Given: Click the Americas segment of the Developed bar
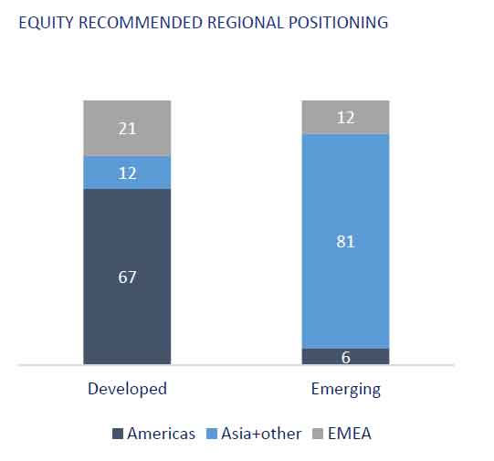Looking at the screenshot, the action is point(127,277).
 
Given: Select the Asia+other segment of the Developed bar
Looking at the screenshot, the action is point(127,173).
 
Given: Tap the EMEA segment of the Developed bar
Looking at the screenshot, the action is point(127,128).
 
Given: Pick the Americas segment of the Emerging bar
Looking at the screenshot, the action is point(345,356).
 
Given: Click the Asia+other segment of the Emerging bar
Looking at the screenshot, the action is point(345,241).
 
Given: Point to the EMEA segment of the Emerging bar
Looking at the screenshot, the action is point(345,118).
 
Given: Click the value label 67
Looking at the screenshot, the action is point(127,278).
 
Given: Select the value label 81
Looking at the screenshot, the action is point(345,242).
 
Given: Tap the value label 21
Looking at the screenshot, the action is point(127,129).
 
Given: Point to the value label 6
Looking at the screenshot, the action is point(346,358).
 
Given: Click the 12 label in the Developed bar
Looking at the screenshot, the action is point(127,173).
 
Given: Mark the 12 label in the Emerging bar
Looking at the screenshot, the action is point(346,118).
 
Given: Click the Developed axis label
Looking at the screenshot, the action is point(127,389).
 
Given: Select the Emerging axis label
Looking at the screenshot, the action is point(346,390).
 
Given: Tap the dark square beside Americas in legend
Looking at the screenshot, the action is point(118,434).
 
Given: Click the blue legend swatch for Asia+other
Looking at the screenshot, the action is point(212,434).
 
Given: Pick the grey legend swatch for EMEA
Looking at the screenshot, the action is point(318,434).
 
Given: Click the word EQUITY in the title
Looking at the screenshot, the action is point(46,23).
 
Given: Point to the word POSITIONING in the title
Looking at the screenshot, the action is point(338,23).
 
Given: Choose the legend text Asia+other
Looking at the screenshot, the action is point(261,434).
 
